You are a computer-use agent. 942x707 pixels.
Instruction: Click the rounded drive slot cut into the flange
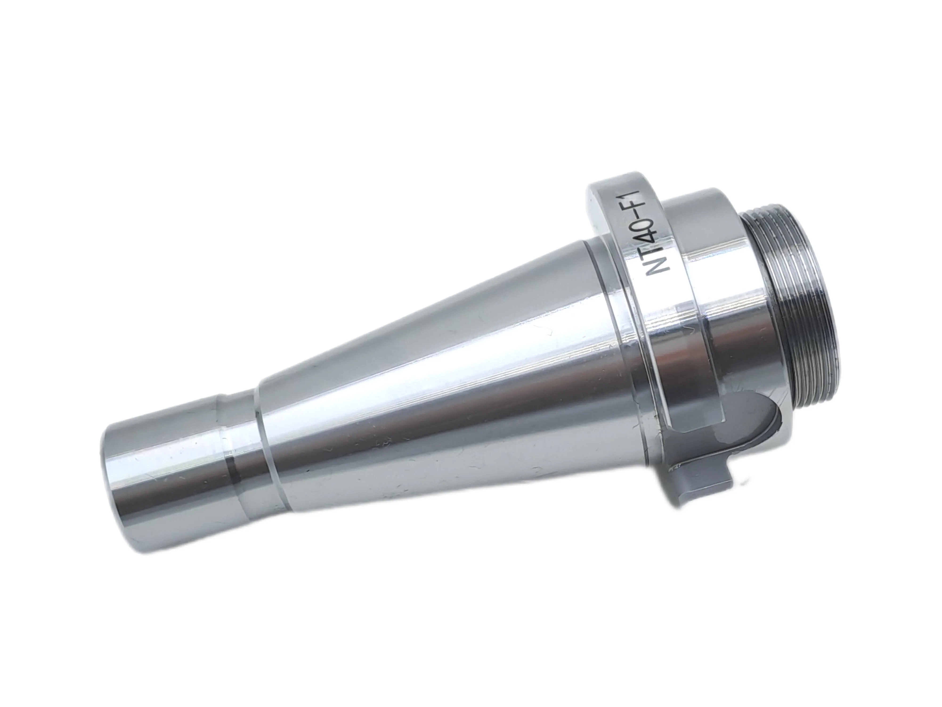click(x=724, y=430)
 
